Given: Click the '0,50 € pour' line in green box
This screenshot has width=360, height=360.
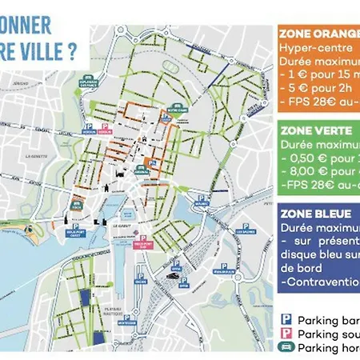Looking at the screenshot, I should [320, 158].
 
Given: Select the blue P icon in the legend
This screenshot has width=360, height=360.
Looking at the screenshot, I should [285, 320].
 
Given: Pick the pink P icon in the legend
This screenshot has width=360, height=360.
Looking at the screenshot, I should [285, 334].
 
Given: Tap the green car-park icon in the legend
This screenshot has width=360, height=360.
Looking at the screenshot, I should [285, 347].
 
